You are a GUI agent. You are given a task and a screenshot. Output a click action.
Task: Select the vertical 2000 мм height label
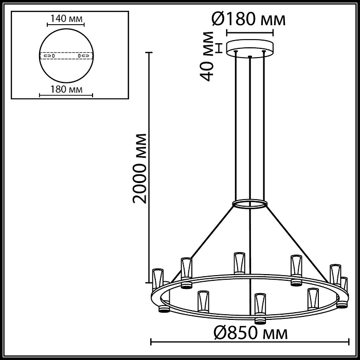coord(139,168)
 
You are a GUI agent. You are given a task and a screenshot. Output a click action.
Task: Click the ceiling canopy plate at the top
coord(250,47)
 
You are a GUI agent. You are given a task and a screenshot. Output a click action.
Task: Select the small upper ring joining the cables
coord(250,204)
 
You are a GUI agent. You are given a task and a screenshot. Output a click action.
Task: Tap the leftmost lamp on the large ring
coord(157,278)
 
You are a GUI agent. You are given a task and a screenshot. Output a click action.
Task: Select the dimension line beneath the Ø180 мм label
coord(250,33)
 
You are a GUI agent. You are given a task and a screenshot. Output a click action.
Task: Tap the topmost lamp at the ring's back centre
coord(238,262)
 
